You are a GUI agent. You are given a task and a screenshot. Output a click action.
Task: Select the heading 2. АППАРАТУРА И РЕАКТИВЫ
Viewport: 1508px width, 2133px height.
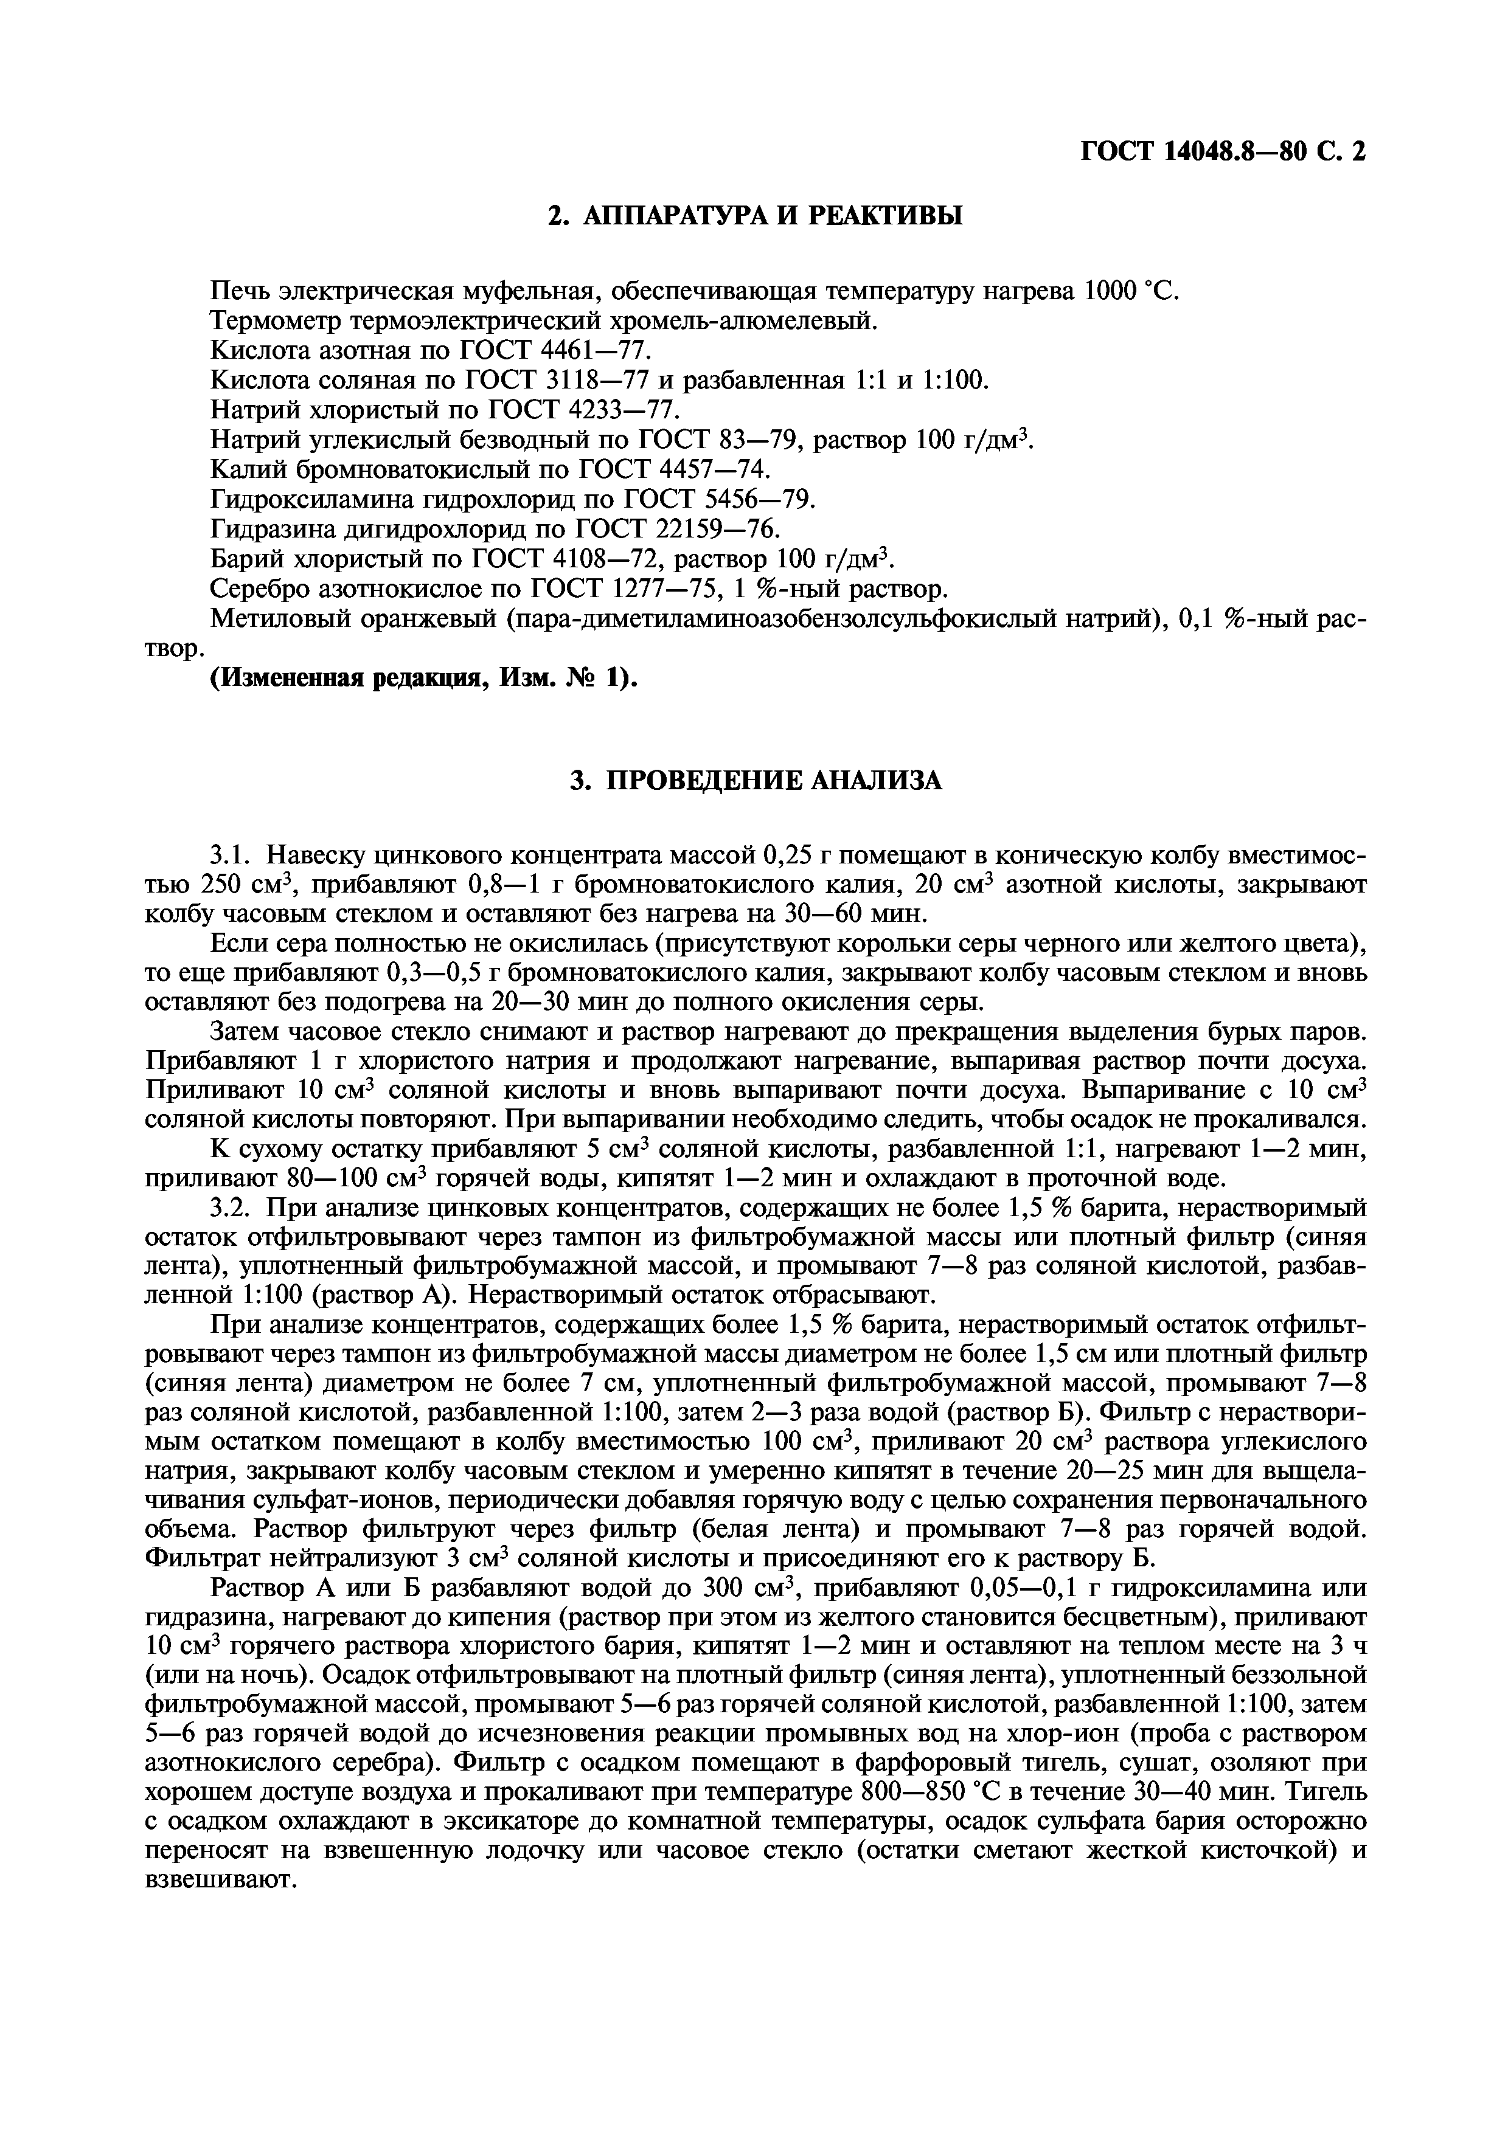754,215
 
